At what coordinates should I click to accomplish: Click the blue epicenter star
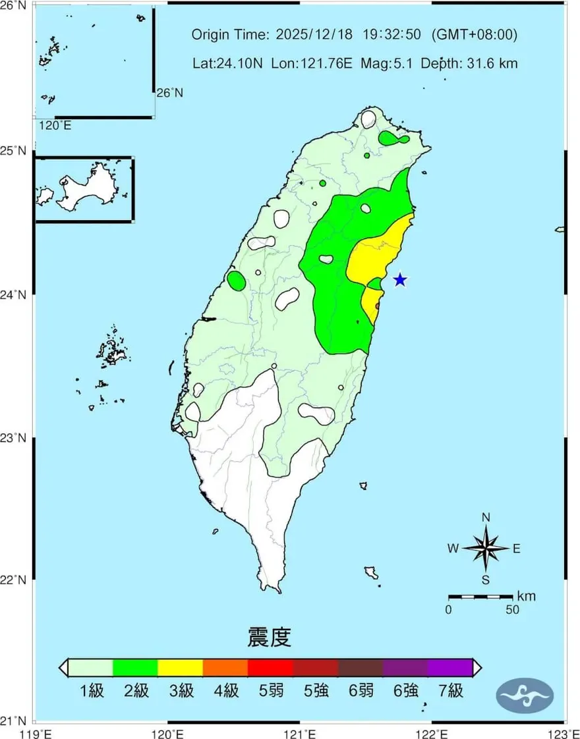399,280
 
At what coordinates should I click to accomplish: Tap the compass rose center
486,547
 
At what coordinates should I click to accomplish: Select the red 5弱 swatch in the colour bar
270,667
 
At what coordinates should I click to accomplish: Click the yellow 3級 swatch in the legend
180,667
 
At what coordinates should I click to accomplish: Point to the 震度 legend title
269,638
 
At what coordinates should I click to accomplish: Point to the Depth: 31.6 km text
469,63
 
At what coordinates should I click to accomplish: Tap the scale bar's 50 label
512,610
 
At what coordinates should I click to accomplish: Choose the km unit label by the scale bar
526,597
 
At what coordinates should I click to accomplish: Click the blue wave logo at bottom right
525,694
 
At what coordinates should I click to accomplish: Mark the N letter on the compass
486,517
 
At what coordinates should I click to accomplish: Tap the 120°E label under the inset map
55,125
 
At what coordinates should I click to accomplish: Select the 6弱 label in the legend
359,691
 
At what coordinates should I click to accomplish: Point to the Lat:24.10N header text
227,63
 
